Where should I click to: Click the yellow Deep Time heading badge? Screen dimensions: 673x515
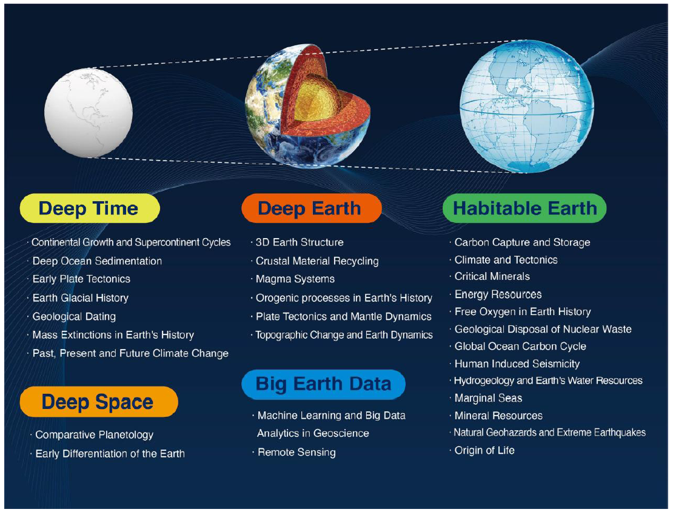pyautogui.click(x=90, y=208)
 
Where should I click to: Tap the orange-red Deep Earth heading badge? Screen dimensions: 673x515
pyautogui.click(x=312, y=208)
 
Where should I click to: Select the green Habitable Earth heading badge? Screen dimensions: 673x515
pyautogui.click(x=524, y=208)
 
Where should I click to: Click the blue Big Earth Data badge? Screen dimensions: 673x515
pyautogui.click(x=323, y=384)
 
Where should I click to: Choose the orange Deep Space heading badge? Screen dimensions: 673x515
pyautogui.click(x=99, y=402)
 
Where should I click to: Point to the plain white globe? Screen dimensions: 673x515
pyautogui.click(x=89, y=113)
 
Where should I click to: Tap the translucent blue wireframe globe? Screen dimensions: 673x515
pyautogui.click(x=527, y=107)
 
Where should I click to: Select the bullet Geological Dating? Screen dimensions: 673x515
pyautogui.click(x=74, y=316)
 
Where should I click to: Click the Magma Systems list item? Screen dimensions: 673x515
pyautogui.click(x=295, y=279)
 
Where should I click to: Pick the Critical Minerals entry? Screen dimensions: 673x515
pyautogui.click(x=492, y=276)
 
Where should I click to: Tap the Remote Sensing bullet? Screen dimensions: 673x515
pyautogui.click(x=296, y=453)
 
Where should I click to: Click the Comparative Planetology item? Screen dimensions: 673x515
pyautogui.click(x=95, y=435)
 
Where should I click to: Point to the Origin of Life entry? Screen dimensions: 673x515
pyautogui.click(x=484, y=450)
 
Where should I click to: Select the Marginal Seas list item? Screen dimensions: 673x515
pyautogui.click(x=489, y=398)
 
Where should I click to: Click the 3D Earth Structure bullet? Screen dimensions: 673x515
pyautogui.click(x=300, y=242)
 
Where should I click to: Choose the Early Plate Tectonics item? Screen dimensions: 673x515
pyautogui.click(x=82, y=279)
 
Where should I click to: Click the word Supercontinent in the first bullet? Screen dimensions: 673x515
pyautogui.click(x=167, y=242)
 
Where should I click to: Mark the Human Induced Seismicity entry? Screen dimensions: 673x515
pyautogui.click(x=517, y=364)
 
